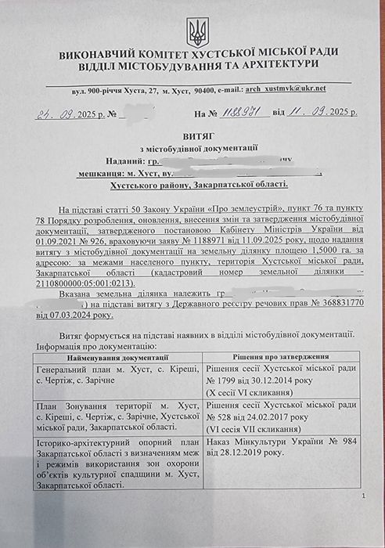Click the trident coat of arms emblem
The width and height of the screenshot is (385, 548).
pos(196,31)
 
